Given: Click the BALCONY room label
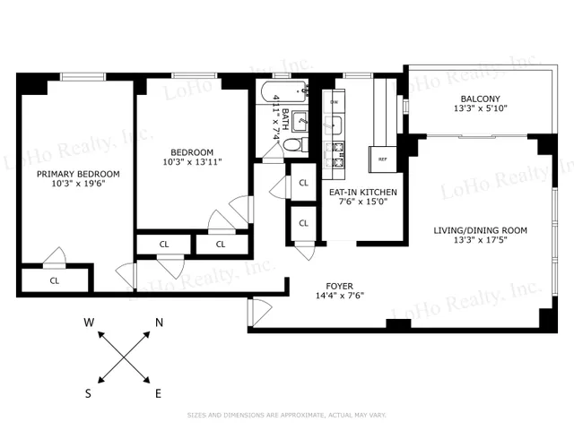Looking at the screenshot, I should pyautogui.click(x=480, y=99).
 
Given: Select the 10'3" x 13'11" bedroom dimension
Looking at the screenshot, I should pyautogui.click(x=192, y=162).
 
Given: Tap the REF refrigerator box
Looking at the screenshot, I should pyautogui.click(x=382, y=159).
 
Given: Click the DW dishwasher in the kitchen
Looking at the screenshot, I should pyautogui.click(x=335, y=102).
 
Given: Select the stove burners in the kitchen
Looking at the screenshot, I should pyautogui.click(x=339, y=154).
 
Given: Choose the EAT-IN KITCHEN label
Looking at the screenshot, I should pyautogui.click(x=362, y=192).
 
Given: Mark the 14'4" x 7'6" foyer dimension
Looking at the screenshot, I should pyautogui.click(x=338, y=296).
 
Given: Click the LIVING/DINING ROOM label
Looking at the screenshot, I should pyautogui.click(x=480, y=230).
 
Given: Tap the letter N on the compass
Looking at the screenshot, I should pyautogui.click(x=159, y=322).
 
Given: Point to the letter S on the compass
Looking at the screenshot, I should pyautogui.click(x=89, y=392).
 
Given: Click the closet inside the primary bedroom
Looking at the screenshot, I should pyautogui.click(x=56, y=279).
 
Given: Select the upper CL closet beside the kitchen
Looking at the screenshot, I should pyautogui.click(x=303, y=183).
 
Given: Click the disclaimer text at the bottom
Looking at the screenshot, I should pyautogui.click(x=285, y=415).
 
